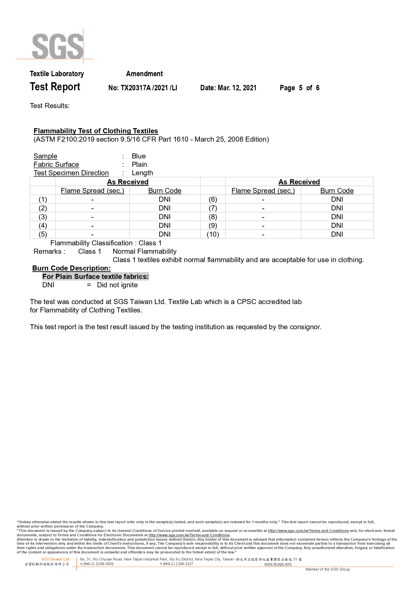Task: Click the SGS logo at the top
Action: click(x=58, y=46)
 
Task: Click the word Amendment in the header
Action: click(x=144, y=74)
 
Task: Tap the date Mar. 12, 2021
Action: click(x=237, y=88)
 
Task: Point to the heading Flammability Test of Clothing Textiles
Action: click(x=96, y=131)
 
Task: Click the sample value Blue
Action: click(x=139, y=156)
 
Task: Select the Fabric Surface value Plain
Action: click(x=139, y=164)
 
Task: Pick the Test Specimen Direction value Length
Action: click(x=142, y=173)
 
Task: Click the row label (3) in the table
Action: click(x=43, y=217)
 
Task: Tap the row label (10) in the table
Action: click(x=213, y=234)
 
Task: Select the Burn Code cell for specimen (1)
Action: click(x=164, y=199)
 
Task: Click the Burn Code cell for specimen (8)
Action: click(x=337, y=217)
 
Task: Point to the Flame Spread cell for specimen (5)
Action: click(x=92, y=234)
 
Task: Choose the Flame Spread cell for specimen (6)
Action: click(x=263, y=199)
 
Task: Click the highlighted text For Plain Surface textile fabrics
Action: click(x=95, y=277)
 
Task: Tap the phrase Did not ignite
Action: click(x=117, y=285)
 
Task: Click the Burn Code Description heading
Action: click(x=71, y=268)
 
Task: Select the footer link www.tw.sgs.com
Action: click(x=278, y=564)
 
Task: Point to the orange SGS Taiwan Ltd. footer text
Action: click(x=56, y=559)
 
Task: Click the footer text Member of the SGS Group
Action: click(x=327, y=569)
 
